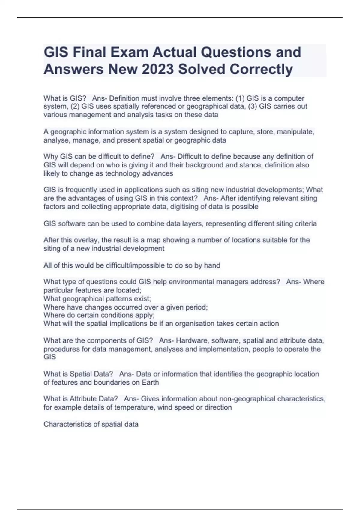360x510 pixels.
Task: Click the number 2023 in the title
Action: (157, 69)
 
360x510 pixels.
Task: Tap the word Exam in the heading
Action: (130, 52)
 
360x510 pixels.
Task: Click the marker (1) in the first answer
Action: (240, 98)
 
